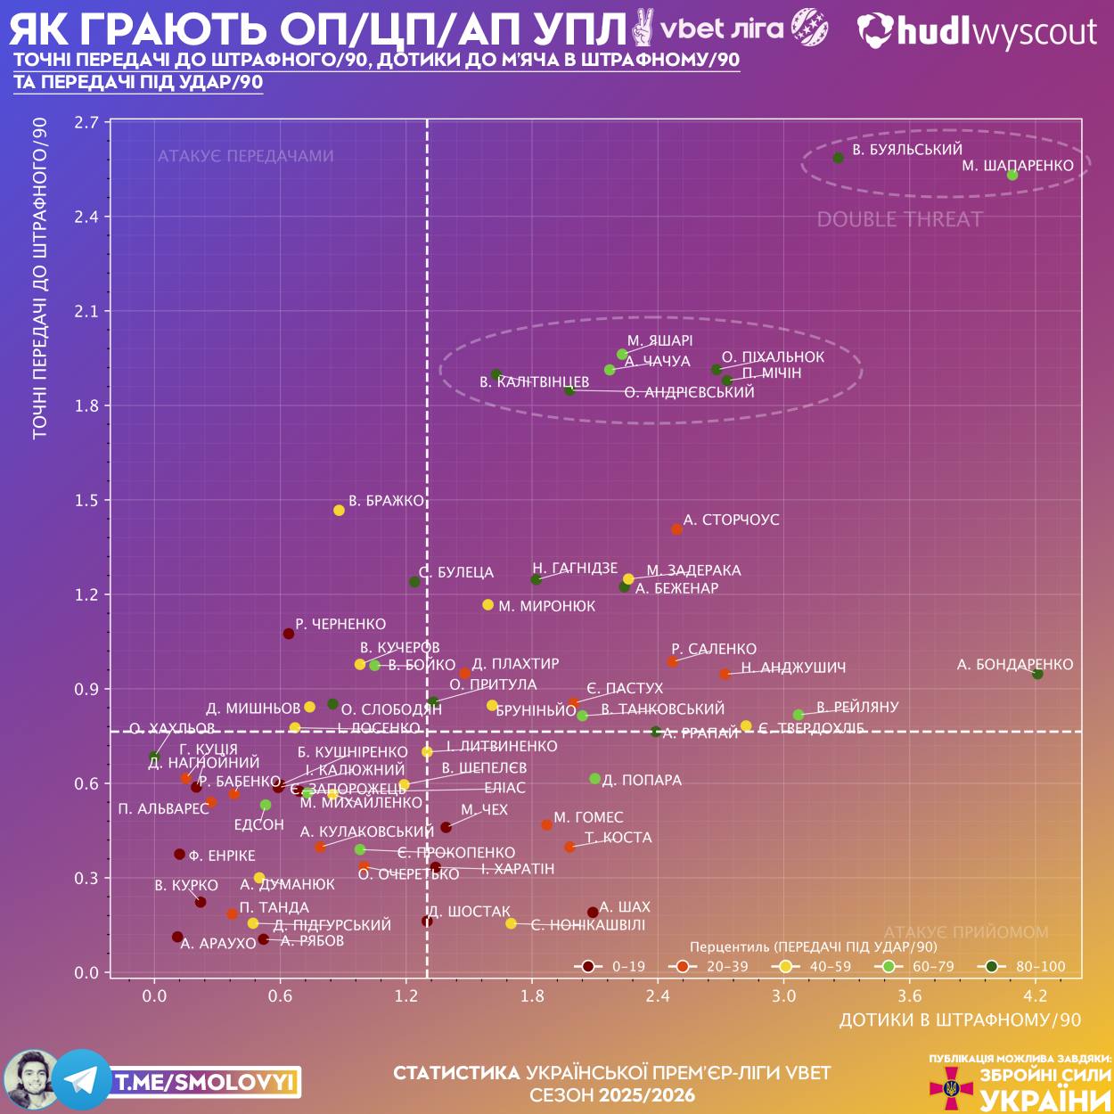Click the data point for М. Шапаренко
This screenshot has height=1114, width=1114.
coord(1012,175)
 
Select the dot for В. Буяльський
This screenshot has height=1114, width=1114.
coord(839,158)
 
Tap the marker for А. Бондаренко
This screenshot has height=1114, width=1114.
coord(1037,674)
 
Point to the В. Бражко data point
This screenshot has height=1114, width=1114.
coord(339,511)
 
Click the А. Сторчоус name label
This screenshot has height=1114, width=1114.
coord(731,520)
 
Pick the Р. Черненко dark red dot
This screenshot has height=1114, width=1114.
coord(289,634)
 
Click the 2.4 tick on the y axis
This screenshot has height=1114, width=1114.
coord(86,217)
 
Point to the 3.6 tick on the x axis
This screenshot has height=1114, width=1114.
coord(910,995)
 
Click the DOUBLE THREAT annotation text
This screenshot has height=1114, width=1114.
coord(900,219)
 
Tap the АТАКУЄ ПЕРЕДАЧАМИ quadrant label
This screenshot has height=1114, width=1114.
coord(246,156)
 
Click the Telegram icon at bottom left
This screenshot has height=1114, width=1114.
coord(82,1080)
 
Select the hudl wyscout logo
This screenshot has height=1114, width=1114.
coord(977,32)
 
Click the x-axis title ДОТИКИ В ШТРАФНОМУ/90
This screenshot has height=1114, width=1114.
coord(960,1020)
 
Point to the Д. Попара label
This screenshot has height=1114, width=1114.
coord(642,780)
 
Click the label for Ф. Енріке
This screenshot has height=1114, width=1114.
coord(222,856)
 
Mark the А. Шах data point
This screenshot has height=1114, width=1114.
coord(593,913)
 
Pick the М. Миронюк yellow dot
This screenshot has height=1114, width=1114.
coord(487,605)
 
